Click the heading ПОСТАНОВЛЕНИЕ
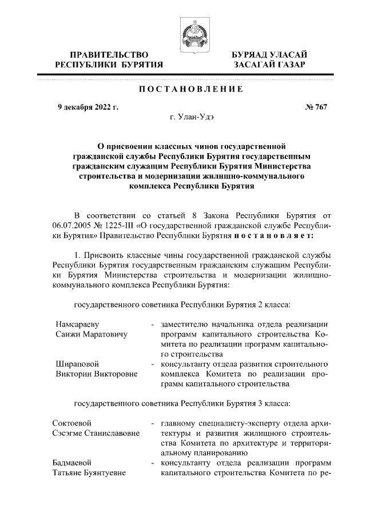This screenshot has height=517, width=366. point(191,90)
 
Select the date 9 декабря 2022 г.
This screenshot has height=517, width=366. point(87,107)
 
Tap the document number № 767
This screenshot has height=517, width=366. point(315,107)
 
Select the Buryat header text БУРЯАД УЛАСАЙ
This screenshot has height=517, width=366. point(269,55)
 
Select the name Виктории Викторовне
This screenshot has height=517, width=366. point(97,374)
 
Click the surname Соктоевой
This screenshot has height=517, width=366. point(72,424)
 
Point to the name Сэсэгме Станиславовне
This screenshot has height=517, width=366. point(96,434)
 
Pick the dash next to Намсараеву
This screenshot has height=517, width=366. point(152,324)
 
